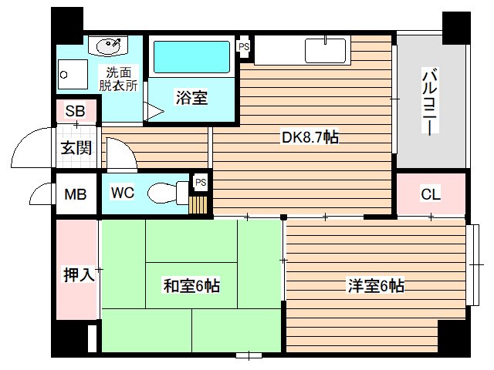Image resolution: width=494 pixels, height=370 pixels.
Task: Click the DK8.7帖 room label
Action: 310,138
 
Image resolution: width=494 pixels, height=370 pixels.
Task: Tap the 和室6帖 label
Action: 191,286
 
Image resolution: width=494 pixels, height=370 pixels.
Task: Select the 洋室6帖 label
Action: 375,286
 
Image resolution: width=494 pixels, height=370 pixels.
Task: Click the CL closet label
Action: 430,194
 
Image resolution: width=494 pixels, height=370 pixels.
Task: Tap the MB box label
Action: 75,194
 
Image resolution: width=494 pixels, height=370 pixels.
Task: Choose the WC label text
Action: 123,193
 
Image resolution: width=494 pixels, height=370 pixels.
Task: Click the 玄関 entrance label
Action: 76,147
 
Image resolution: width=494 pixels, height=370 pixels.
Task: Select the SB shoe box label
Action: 75,111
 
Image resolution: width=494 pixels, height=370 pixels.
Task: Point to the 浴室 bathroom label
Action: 191,99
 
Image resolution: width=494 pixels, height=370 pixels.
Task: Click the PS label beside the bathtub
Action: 244,47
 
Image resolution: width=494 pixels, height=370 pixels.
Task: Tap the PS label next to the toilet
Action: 200,182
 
